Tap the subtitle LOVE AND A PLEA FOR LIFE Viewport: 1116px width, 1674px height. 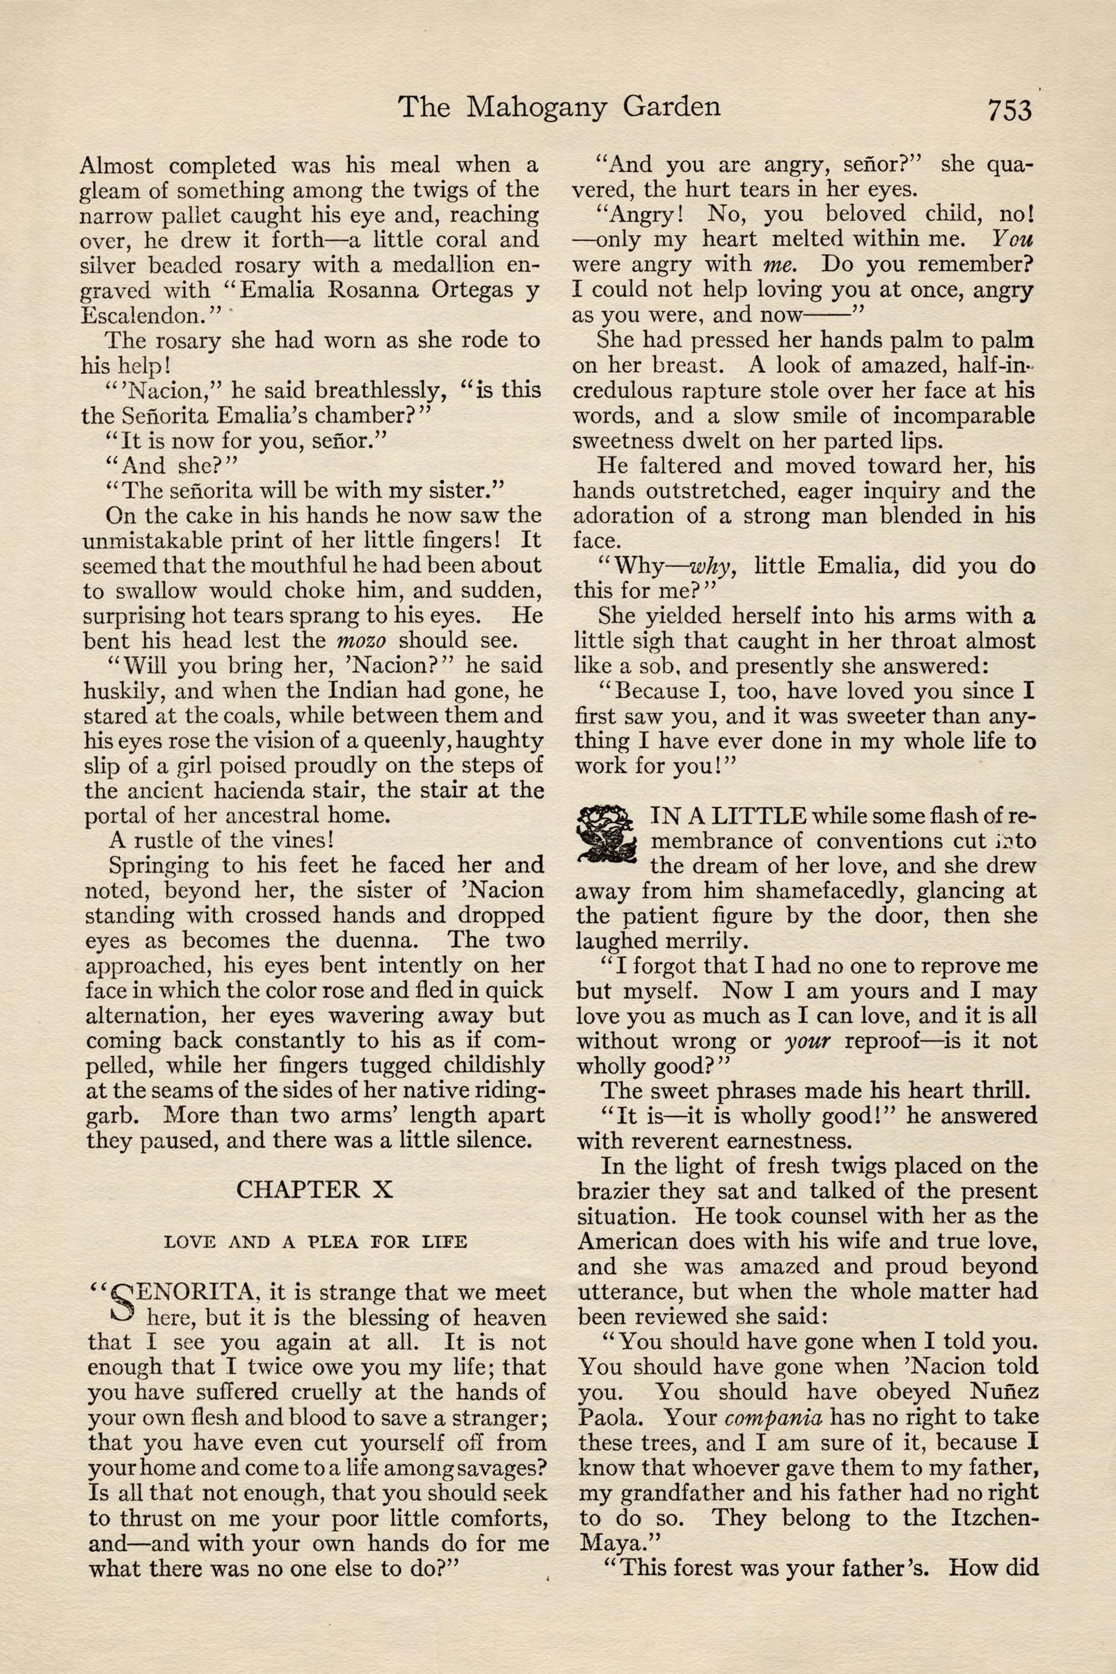coord(315,1242)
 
